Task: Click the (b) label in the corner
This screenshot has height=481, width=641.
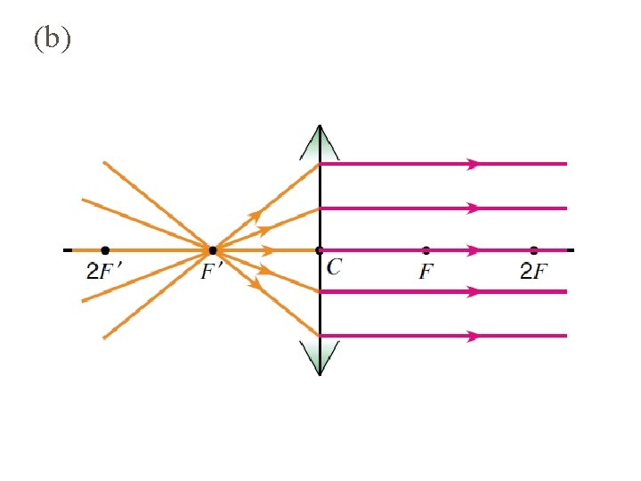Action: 52,40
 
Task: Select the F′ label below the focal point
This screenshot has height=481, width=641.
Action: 211,272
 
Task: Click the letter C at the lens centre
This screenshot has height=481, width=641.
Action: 334,267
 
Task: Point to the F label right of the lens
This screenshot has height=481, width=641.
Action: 427,271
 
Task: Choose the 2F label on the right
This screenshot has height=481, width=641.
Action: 533,272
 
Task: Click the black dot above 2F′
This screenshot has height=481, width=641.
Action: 105,250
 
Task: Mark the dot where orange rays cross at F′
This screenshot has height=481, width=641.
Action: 212,250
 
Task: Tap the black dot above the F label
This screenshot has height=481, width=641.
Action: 426,250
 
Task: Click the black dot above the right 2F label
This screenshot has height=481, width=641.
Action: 533,250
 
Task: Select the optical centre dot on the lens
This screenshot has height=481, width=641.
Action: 320,250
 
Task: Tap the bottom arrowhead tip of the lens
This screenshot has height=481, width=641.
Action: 320,373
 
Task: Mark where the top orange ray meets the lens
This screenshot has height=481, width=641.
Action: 320,164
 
